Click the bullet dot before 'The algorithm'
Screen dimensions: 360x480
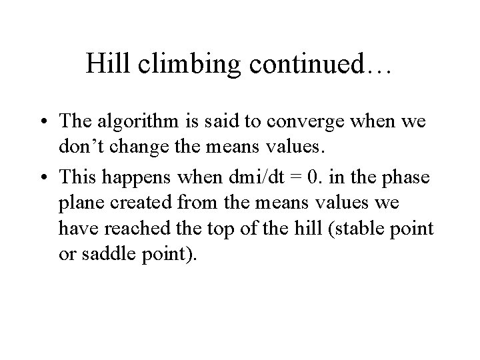pyautogui.click(x=43, y=123)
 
